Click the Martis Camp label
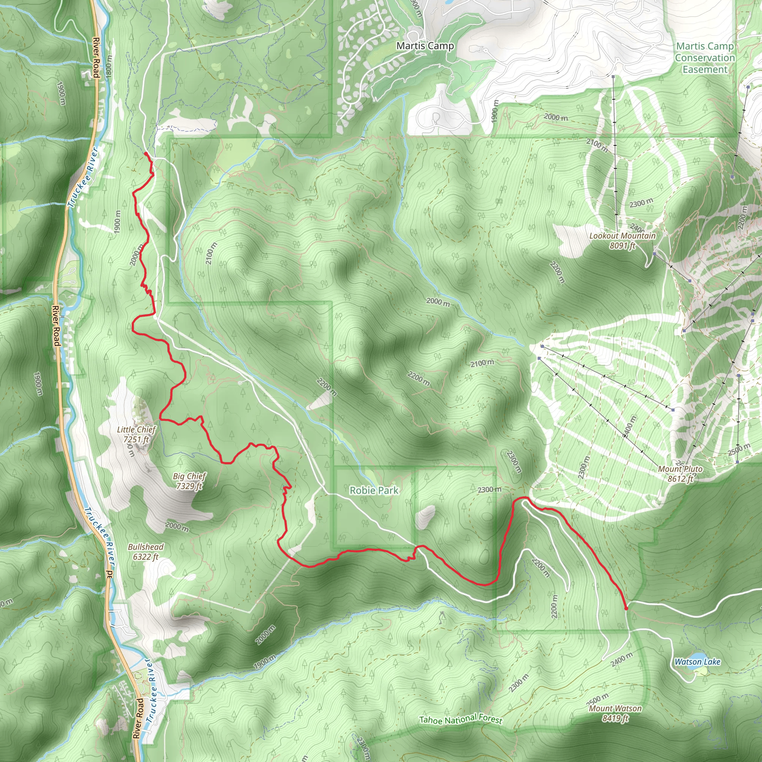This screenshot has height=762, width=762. [425, 46]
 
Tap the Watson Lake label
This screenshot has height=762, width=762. [697, 662]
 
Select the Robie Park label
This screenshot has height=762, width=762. [374, 490]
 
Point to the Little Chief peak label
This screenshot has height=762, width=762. [137, 434]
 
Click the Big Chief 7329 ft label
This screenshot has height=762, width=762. [189, 481]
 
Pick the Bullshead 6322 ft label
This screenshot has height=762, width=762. [145, 551]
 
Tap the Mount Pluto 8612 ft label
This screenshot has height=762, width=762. [680, 474]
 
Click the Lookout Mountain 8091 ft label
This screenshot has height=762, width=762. [622, 240]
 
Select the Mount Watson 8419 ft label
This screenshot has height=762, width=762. [615, 713]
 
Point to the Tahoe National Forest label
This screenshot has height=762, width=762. [460, 720]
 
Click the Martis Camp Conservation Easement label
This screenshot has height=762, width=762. [704, 58]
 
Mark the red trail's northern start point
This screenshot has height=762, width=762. [146, 153]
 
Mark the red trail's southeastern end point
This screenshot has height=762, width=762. [626, 609]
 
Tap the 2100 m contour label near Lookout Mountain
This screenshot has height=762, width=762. [596, 145]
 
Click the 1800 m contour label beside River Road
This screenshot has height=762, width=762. [109, 65]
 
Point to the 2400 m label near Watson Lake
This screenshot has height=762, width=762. [622, 659]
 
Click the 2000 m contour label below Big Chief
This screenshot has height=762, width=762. [177, 526]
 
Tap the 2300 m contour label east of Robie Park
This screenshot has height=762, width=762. [490, 490]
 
